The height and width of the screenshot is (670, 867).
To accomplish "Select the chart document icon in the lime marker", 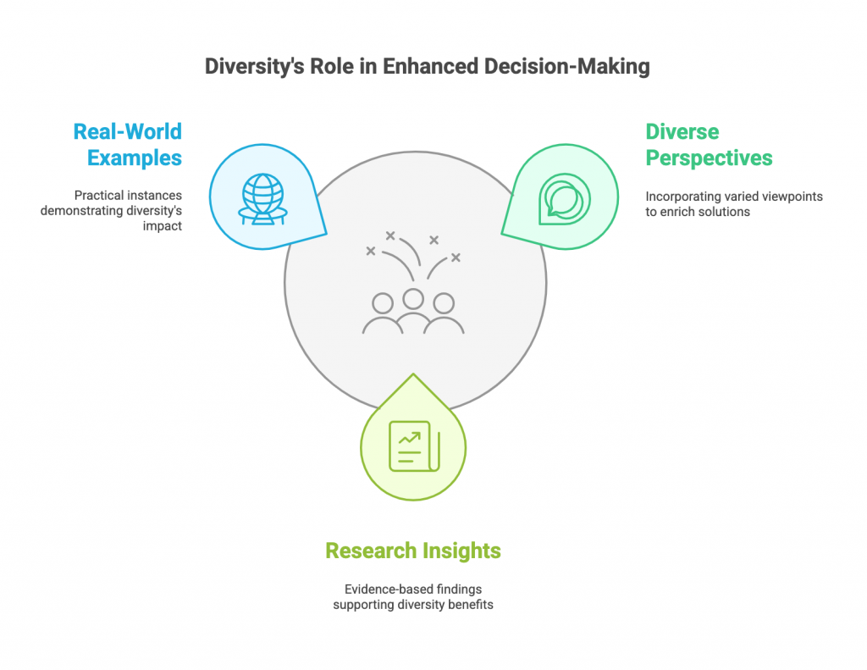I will [413, 446].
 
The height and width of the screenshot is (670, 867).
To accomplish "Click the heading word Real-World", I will [128, 131].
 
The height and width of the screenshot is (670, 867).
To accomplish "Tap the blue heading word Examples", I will [135, 158].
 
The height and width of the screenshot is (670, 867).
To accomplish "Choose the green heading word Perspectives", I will [709, 158].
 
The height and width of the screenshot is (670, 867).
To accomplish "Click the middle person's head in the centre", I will [413, 298].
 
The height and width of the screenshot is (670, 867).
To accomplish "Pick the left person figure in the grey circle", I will [383, 314].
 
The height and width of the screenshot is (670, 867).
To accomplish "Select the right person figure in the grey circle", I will [443, 314].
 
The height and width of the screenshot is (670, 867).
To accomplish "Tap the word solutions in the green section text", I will [721, 212].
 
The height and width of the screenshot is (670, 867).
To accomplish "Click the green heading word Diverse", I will [682, 131].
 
